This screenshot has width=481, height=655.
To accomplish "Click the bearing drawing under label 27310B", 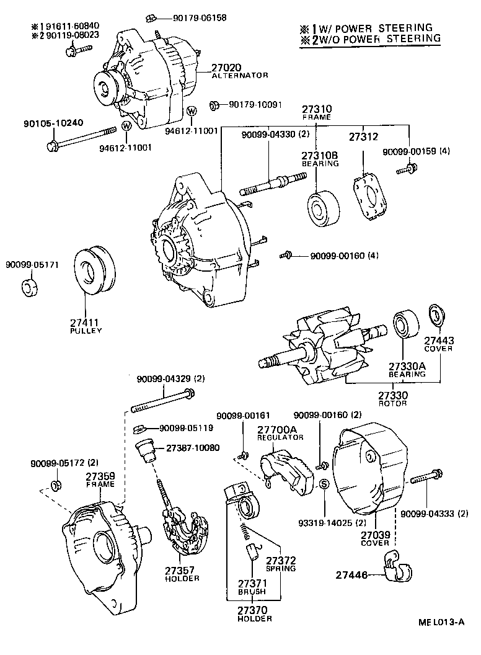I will tap(324, 206).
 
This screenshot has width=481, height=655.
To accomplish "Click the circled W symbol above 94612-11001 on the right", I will tap(192, 110).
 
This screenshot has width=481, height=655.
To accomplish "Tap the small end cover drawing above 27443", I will tap(437, 315).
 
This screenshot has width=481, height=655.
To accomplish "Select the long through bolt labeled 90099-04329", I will tap(164, 402).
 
